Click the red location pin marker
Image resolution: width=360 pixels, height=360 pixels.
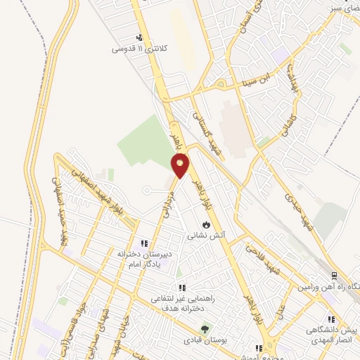point(181,166)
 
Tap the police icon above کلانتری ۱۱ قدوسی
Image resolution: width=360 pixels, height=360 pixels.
point(141,38)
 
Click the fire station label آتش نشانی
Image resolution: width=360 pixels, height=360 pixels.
point(205,237)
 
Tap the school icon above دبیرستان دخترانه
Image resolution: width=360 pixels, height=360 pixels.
point(144,243)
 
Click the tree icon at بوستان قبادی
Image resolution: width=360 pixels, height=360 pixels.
point(205,328)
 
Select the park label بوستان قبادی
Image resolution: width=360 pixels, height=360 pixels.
point(205,340)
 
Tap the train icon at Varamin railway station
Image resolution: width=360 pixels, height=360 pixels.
point(334,275)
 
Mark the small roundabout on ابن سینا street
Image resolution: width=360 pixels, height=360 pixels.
point(221,86)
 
